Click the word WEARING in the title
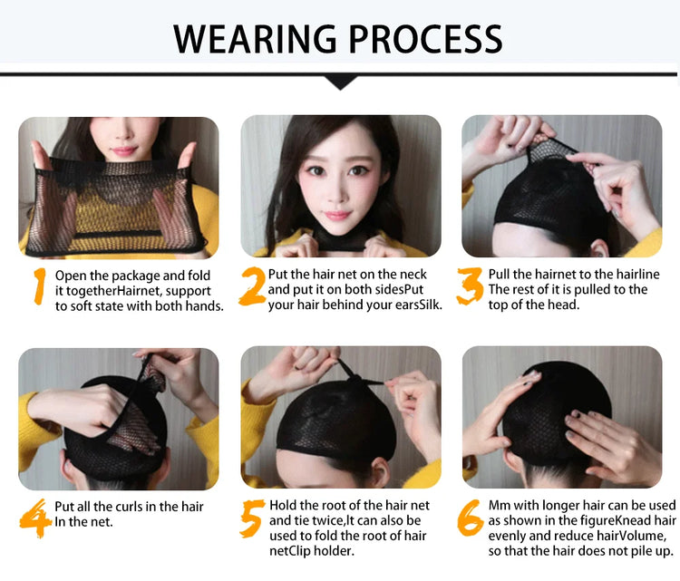(x=255, y=39)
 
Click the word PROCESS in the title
(x=425, y=39)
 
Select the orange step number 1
(x=40, y=286)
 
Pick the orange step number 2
(x=252, y=286)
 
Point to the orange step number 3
(x=470, y=286)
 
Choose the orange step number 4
(x=35, y=518)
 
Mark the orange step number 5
(x=252, y=518)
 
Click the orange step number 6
(x=471, y=518)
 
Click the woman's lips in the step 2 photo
(x=337, y=215)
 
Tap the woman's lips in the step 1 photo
(x=124, y=150)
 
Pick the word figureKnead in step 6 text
(x=617, y=521)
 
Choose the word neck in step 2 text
(x=414, y=274)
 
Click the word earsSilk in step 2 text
(x=419, y=305)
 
